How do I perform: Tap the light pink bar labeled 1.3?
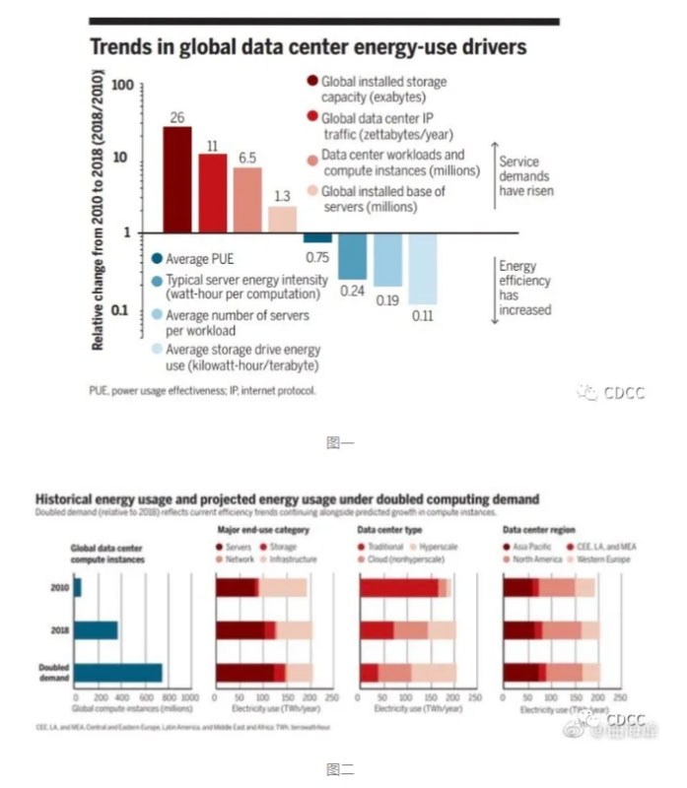tap(282, 219)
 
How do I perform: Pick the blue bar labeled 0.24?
tap(352, 256)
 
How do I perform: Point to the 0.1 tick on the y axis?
tap(122, 311)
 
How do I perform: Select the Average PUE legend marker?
tap(157, 259)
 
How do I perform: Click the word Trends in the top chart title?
tap(121, 46)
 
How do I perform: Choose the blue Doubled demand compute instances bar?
tap(118, 672)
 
